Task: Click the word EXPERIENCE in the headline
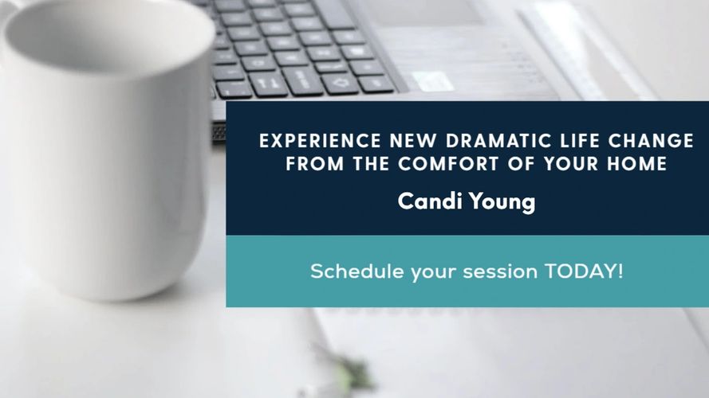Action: click(320, 141)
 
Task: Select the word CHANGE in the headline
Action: click(651, 141)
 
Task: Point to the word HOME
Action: click(637, 163)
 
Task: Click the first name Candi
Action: click(430, 201)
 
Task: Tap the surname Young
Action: click(502, 201)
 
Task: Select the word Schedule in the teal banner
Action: click(357, 271)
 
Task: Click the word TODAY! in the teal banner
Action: click(584, 271)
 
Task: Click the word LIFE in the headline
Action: click(580, 141)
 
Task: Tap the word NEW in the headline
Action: click(413, 141)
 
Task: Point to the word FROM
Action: click(315, 163)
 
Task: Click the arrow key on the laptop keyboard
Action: click(340, 83)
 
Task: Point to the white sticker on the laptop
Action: click(432, 82)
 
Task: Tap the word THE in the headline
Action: click(371, 163)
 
